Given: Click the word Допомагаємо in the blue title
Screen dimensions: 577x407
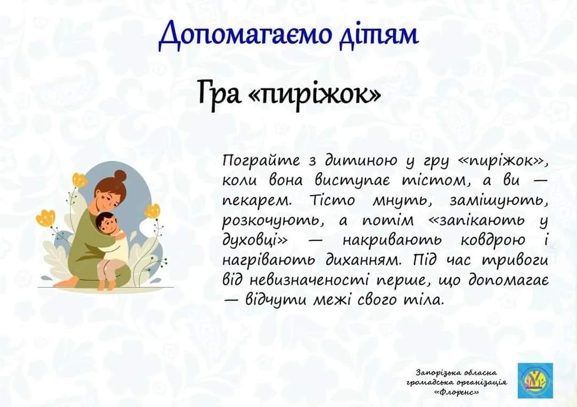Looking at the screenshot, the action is click(x=244, y=35).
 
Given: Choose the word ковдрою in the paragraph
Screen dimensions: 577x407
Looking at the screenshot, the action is click(x=493, y=240).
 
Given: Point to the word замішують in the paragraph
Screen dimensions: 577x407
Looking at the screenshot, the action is click(x=498, y=201).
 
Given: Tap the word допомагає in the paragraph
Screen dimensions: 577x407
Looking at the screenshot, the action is click(x=509, y=280).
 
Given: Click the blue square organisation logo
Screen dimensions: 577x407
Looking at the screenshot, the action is click(x=535, y=380).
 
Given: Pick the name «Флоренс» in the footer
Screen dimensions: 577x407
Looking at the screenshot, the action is click(x=456, y=392).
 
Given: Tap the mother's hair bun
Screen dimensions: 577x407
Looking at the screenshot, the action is click(x=120, y=176).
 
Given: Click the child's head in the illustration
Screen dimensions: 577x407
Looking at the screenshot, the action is click(x=106, y=223).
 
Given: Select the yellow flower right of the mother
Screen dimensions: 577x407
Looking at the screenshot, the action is click(x=152, y=211).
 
